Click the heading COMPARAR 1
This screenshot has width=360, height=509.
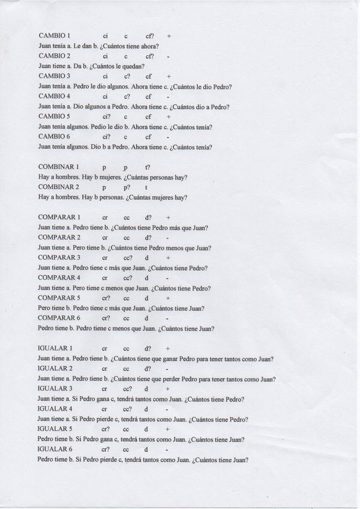click(59, 217)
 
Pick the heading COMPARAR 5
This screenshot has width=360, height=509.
click(59, 298)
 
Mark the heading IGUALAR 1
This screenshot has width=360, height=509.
click(55, 348)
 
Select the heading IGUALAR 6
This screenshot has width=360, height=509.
click(55, 449)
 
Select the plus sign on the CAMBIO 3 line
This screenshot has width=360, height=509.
click(169, 76)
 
